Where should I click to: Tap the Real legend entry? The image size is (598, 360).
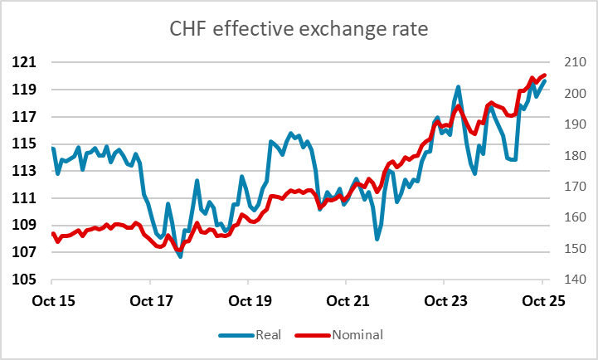coord(253,334)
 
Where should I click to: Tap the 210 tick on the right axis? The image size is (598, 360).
coord(570,62)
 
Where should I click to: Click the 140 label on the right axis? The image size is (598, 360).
coord(570,280)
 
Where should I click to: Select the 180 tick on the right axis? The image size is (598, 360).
coord(570,155)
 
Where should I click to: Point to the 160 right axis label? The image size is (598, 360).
coord(570,217)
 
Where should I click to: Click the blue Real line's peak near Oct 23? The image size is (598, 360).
coord(458,86)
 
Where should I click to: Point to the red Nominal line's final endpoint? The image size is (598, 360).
coord(544,75)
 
